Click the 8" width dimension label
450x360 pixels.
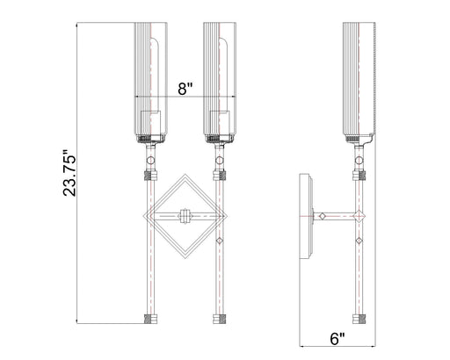coord(184,89)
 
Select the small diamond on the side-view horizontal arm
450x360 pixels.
coord(323,216)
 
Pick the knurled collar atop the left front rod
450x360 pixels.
coord(149,176)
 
